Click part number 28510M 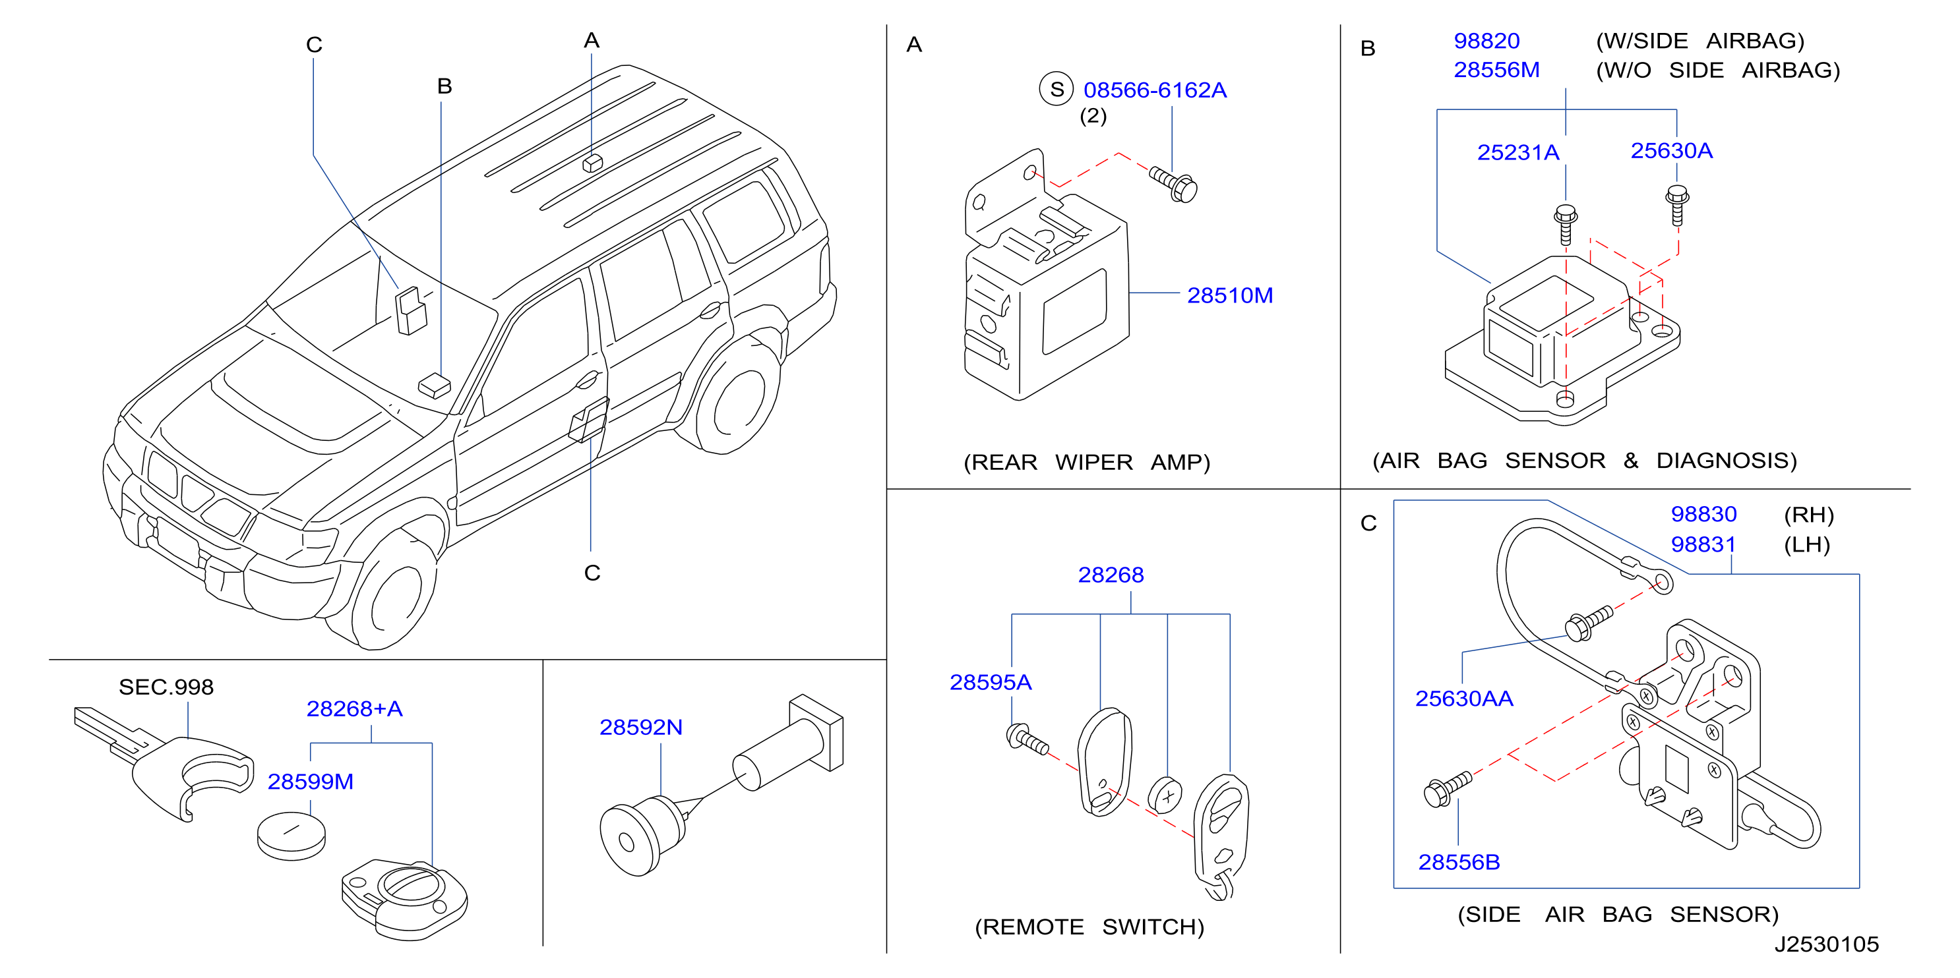click(1229, 295)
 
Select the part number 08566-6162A click(1154, 90)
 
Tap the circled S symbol click(1056, 89)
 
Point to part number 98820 click(1486, 40)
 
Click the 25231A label click(1518, 152)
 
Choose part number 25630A click(1671, 150)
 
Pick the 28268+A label click(353, 708)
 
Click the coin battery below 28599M click(291, 836)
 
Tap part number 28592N click(640, 727)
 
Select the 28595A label click(990, 682)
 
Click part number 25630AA click(1463, 698)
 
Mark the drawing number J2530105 click(1826, 944)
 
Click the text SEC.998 click(166, 687)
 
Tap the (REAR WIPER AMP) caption click(1087, 463)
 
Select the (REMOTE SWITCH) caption click(1089, 927)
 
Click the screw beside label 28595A click(1027, 739)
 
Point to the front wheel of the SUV click(392, 589)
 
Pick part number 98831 click(1703, 544)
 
